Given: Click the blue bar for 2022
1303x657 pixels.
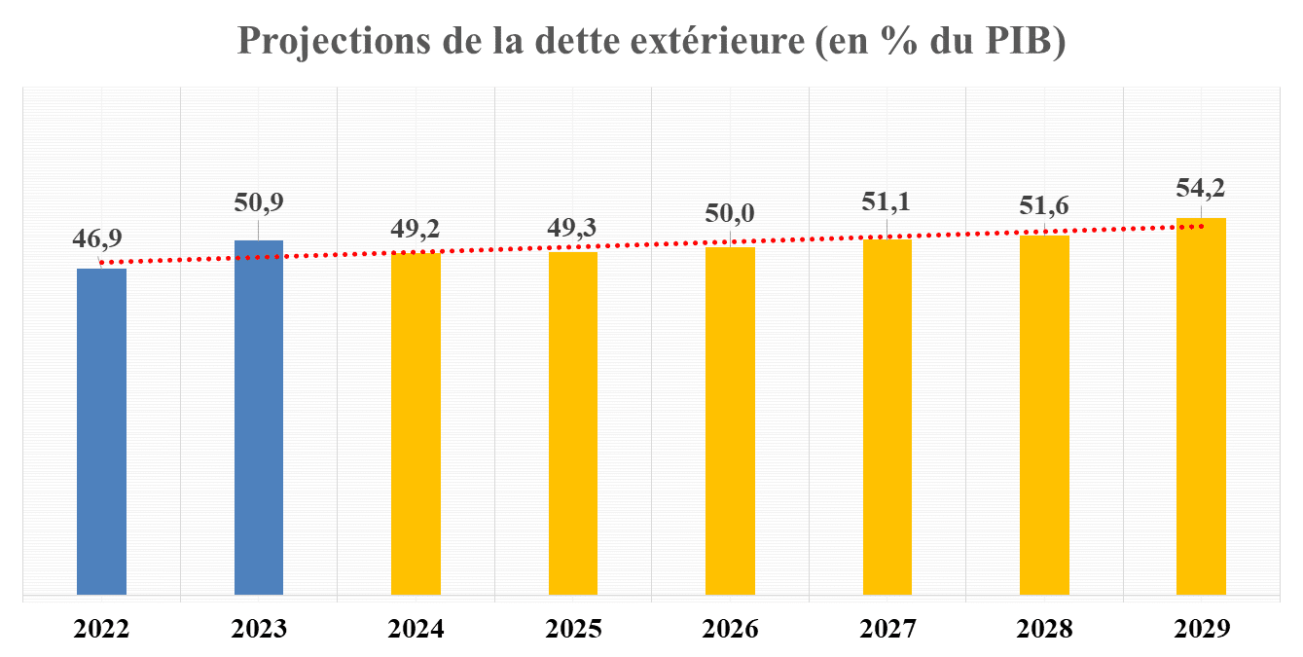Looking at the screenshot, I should pyautogui.click(x=101, y=430).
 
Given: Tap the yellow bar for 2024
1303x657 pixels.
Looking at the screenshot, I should pyautogui.click(x=416, y=423).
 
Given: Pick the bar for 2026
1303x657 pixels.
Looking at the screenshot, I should pyautogui.click(x=730, y=420).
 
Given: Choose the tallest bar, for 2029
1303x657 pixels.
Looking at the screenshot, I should pyautogui.click(x=1201, y=406).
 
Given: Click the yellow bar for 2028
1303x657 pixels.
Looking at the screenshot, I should pyautogui.click(x=1044, y=415).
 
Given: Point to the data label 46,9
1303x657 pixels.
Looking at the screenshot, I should pyautogui.click(x=101, y=239).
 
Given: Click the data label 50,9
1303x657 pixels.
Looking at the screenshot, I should pyautogui.click(x=259, y=202).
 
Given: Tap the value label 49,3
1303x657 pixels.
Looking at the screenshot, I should pyautogui.click(x=573, y=228).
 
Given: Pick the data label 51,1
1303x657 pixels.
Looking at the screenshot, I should pyautogui.click(x=887, y=201).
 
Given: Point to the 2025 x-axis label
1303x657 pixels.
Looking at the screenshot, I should pyautogui.click(x=573, y=628).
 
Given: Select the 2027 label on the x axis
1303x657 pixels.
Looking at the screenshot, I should pyautogui.click(x=887, y=628).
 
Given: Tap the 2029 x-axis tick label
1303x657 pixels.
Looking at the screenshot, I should pyautogui.click(x=1201, y=628).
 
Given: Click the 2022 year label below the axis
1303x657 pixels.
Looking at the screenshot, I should pyautogui.click(x=101, y=628).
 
